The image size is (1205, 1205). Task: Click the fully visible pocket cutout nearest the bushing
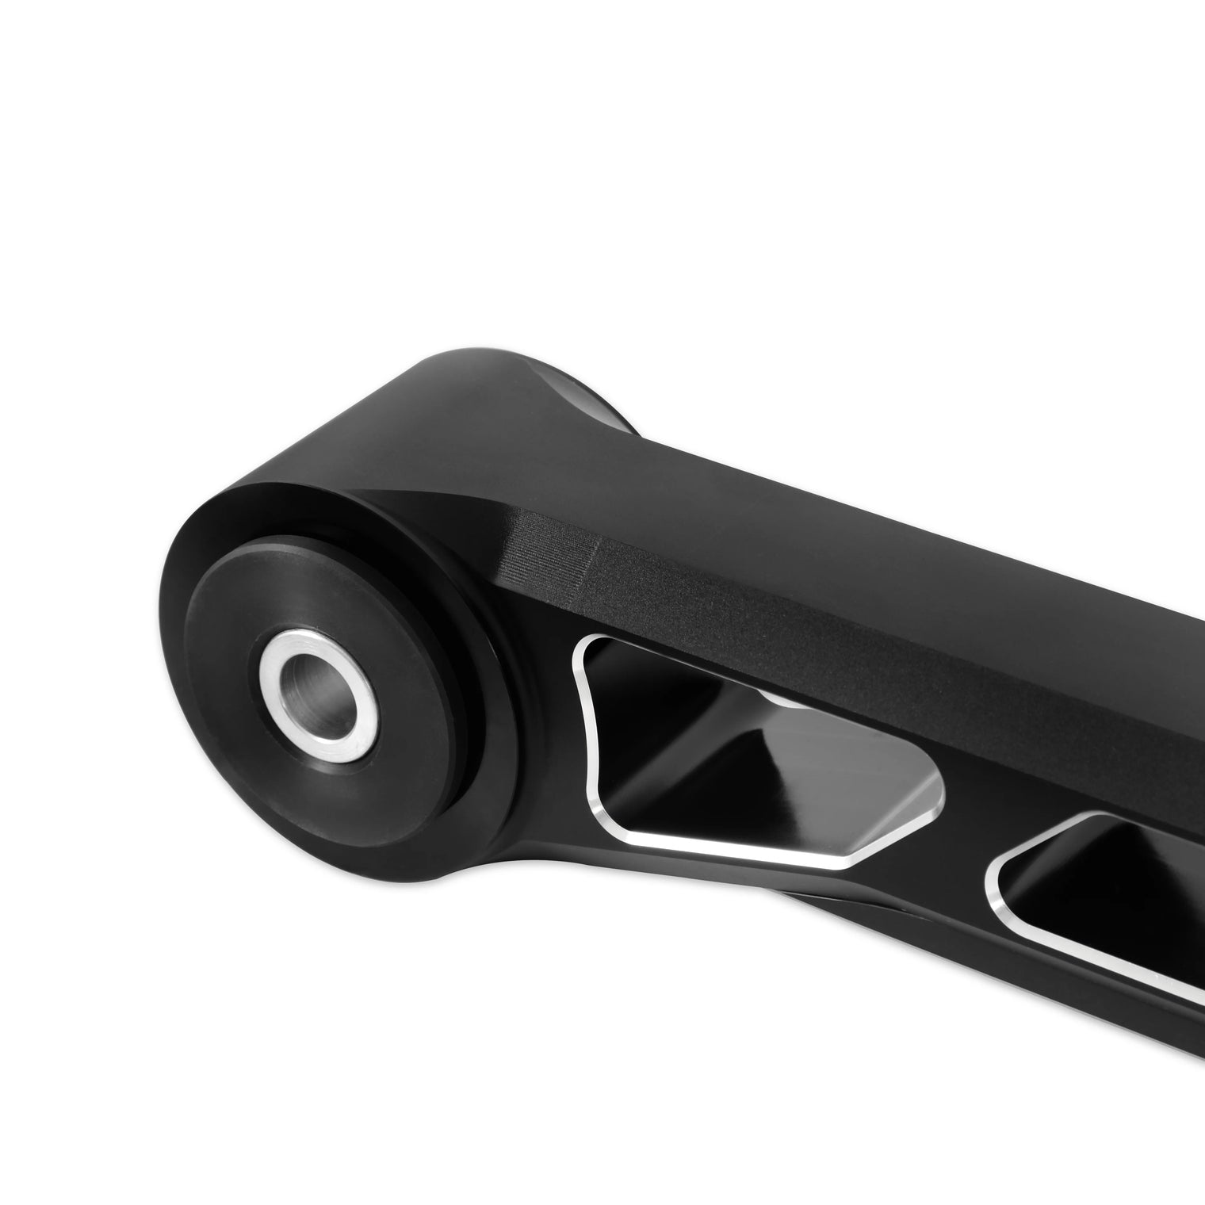[753, 753]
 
